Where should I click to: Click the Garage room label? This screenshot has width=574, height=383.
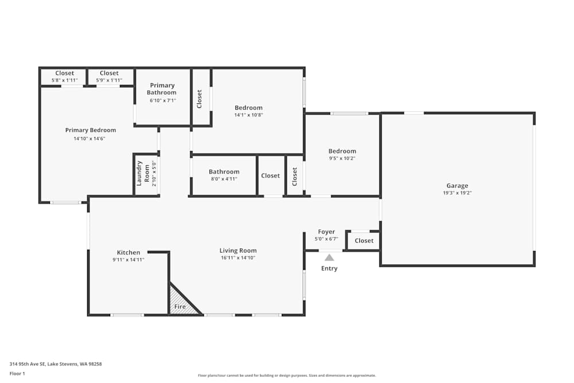[x=457, y=185]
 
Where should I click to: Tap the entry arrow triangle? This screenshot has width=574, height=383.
[x=329, y=258]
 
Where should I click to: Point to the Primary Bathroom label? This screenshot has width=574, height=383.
[x=162, y=89]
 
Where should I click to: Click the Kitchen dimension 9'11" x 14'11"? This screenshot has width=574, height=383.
[x=129, y=260]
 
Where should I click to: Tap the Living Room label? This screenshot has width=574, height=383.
[x=238, y=250]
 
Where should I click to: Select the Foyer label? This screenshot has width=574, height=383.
[x=327, y=232]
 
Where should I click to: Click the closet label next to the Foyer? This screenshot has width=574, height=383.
[x=364, y=241]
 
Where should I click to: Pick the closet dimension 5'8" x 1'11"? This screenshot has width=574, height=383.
[x=64, y=80]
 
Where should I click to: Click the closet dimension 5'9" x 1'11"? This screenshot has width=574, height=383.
[x=109, y=80]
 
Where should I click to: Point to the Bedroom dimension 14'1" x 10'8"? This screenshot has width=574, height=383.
[x=249, y=115]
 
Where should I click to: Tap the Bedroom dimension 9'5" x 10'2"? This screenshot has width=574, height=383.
[x=342, y=158]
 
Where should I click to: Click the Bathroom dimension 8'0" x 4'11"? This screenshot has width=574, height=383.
[x=224, y=179]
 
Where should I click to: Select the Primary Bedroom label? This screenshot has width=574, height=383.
[x=90, y=130]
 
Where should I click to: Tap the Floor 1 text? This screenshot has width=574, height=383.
[x=17, y=373]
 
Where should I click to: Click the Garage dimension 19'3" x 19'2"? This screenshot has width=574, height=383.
[x=457, y=193]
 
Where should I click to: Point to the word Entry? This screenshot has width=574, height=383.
[x=329, y=268]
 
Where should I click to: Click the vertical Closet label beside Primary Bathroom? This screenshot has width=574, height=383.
[x=199, y=99]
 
